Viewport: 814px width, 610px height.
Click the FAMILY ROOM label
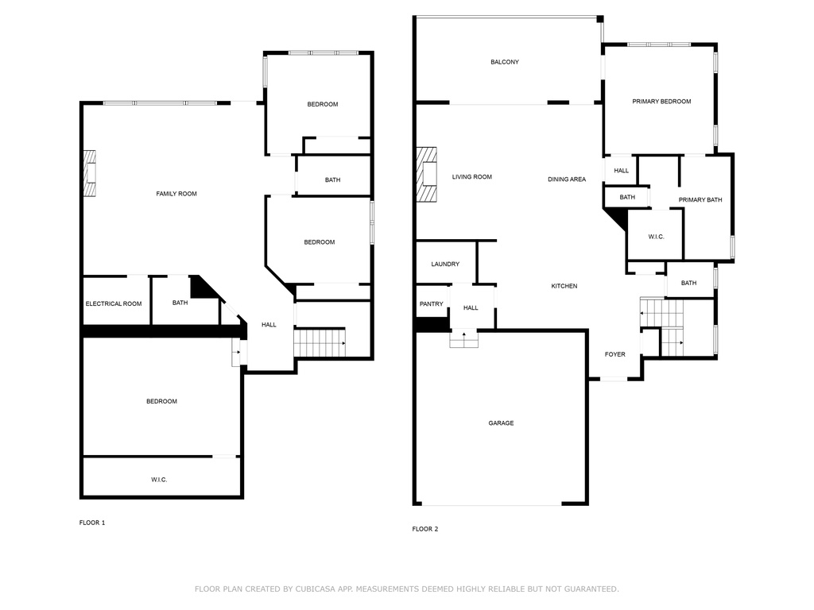coord(176,194)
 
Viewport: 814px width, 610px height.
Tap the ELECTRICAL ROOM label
coord(114,303)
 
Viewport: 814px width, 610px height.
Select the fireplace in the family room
coord(90,173)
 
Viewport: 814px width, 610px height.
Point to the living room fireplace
coord(427,174)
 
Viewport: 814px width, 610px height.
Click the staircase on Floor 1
coord(320,342)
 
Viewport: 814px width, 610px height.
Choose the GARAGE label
coord(501,423)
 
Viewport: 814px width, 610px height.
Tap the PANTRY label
coord(432,303)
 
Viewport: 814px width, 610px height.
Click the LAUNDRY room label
coord(445,264)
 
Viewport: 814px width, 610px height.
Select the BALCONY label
coord(505,62)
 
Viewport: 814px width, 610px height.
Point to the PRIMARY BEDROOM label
coord(661,101)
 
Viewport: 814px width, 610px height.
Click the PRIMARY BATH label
coord(700,199)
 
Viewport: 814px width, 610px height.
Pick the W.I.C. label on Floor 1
coord(159,480)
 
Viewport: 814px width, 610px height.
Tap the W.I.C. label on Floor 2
coord(656,237)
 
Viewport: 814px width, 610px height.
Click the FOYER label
coord(615,354)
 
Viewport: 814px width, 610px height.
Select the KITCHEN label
coord(564,286)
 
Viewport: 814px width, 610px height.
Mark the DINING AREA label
coord(567,179)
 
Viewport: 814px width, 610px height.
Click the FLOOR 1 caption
coord(92,523)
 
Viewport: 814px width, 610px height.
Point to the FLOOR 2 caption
coord(425,528)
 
